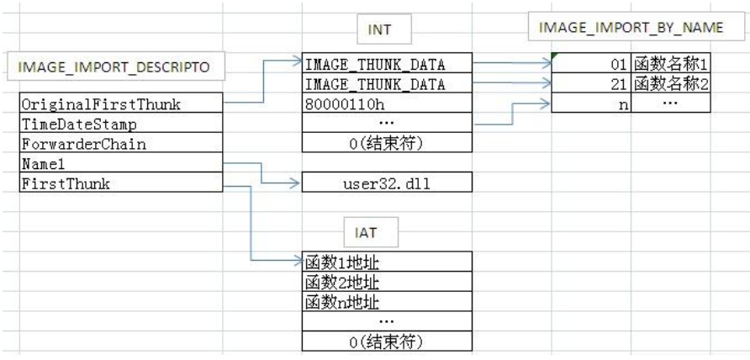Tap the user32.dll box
388,183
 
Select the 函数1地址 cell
388,262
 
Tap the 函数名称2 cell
672,83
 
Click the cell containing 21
592,83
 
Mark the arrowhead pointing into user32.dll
295,183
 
